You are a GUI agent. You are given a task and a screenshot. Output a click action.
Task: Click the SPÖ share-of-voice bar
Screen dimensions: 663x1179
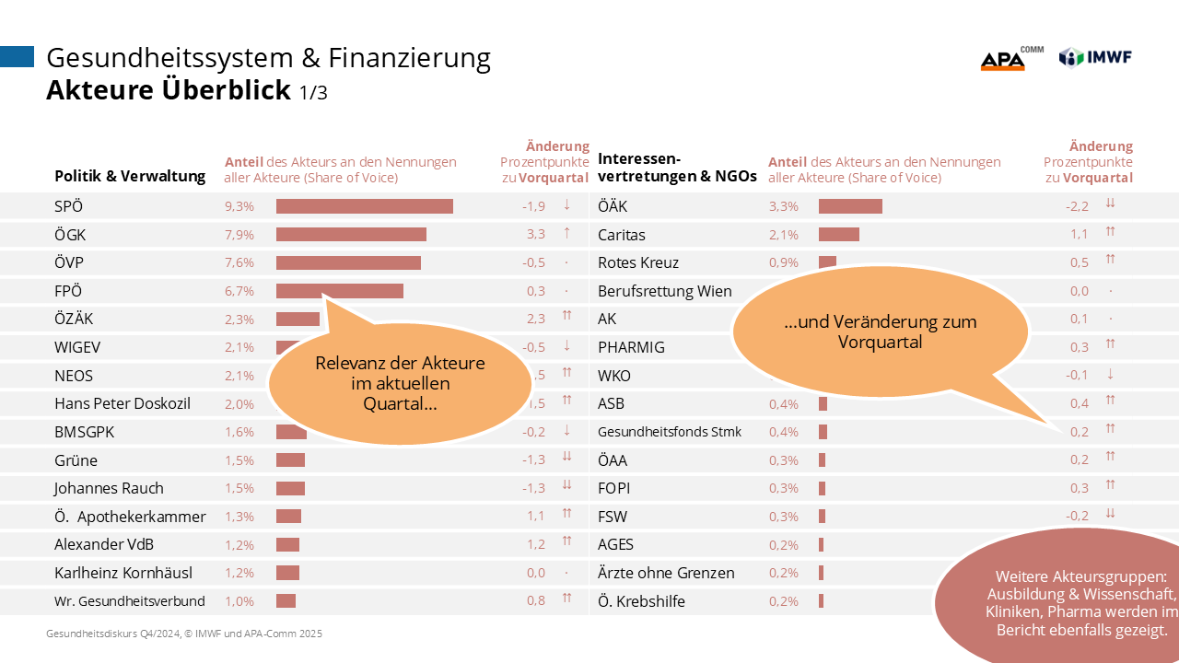pyautogui.click(x=364, y=206)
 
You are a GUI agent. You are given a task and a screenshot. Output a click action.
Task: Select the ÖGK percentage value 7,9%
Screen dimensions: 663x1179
pyautogui.click(x=239, y=235)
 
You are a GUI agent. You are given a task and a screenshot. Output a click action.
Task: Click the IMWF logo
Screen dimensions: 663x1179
pyautogui.click(x=1095, y=57)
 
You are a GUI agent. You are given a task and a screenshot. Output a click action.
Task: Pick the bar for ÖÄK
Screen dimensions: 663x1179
pyautogui.click(x=850, y=206)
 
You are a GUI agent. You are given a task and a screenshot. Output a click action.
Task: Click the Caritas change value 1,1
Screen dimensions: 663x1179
pyautogui.click(x=1078, y=235)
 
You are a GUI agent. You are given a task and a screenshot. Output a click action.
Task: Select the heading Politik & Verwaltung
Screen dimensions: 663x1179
pyautogui.click(x=130, y=176)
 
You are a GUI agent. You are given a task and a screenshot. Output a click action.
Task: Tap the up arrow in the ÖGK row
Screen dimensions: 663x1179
pyautogui.click(x=566, y=234)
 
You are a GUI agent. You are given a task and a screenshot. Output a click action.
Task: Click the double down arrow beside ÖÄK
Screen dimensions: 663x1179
pyautogui.click(x=1111, y=205)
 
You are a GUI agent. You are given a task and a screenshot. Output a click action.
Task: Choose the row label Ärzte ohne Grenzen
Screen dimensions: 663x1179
pyautogui.click(x=666, y=573)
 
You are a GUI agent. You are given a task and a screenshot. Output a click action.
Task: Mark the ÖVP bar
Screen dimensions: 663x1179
pyautogui.click(x=348, y=262)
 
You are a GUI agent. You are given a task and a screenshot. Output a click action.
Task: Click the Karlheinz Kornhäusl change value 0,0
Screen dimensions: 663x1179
pyautogui.click(x=535, y=573)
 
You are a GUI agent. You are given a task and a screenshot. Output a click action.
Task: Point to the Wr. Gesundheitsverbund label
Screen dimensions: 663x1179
pyautogui.click(x=130, y=601)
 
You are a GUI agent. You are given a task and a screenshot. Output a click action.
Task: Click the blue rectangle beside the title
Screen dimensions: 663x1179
pyautogui.click(x=17, y=57)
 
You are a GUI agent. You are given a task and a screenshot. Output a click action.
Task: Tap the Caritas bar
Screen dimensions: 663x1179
pyautogui.click(x=838, y=235)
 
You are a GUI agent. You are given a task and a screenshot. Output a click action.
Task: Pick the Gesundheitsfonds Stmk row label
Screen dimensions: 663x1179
pyautogui.click(x=670, y=432)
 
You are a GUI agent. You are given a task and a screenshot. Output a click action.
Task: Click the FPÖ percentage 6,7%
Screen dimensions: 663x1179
pyautogui.click(x=239, y=291)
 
